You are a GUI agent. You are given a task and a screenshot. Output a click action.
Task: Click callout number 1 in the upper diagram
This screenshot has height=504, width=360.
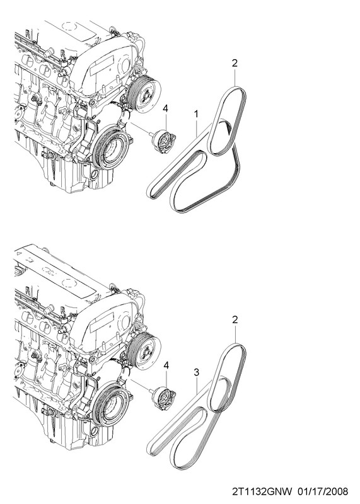(195, 114)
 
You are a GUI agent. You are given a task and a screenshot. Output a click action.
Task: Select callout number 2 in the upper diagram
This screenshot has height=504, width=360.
(235, 63)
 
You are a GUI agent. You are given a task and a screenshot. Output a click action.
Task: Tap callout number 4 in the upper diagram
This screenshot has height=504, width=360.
(165, 108)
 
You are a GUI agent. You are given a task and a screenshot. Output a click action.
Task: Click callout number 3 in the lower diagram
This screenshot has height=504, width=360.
(197, 372)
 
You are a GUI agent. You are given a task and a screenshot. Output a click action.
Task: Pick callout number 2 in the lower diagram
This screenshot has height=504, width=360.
(235, 320)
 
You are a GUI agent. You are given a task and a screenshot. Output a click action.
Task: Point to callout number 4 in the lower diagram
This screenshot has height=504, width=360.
(166, 365)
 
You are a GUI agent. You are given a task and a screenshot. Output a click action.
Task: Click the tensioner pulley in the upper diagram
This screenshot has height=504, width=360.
(163, 142)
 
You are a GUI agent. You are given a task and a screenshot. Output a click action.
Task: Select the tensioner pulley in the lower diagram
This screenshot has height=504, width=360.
(164, 399)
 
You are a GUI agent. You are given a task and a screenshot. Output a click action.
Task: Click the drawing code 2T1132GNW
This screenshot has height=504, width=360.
(262, 491)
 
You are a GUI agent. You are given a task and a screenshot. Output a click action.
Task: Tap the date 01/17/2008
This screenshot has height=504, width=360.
(323, 491)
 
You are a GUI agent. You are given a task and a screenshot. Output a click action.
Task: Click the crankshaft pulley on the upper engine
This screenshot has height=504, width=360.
(112, 149)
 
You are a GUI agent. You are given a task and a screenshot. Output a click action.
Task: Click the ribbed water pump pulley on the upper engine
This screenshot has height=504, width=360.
(144, 95)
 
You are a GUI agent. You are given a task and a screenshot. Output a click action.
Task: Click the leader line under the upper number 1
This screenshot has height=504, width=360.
(196, 129)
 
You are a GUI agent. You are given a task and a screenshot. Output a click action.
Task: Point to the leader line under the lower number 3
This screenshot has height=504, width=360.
(197, 386)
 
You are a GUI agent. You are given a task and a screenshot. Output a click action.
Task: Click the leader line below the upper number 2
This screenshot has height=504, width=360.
(235, 77)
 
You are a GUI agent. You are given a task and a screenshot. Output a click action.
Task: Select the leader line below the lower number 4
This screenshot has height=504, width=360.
(166, 378)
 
